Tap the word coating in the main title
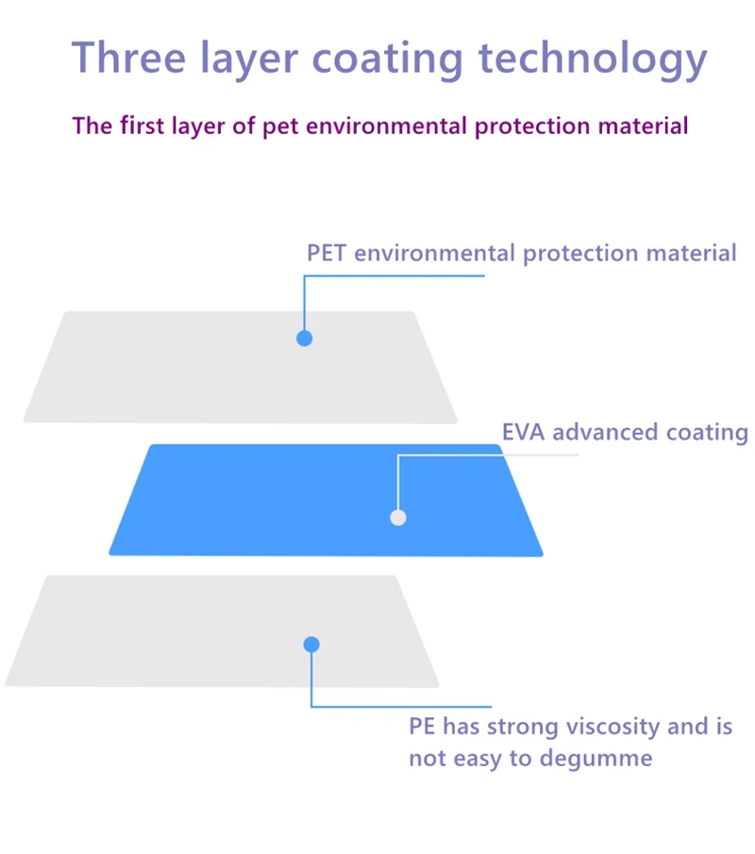pyautogui.click(x=388, y=59)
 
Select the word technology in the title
pyautogui.click(x=593, y=59)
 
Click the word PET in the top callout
pyautogui.click(x=327, y=253)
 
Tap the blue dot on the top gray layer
pyautogui.click(x=304, y=338)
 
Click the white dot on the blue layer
pyautogui.click(x=398, y=517)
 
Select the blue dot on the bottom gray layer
pyautogui.click(x=311, y=645)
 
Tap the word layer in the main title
pyautogui.click(x=246, y=59)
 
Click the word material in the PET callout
pyautogui.click(x=691, y=253)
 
